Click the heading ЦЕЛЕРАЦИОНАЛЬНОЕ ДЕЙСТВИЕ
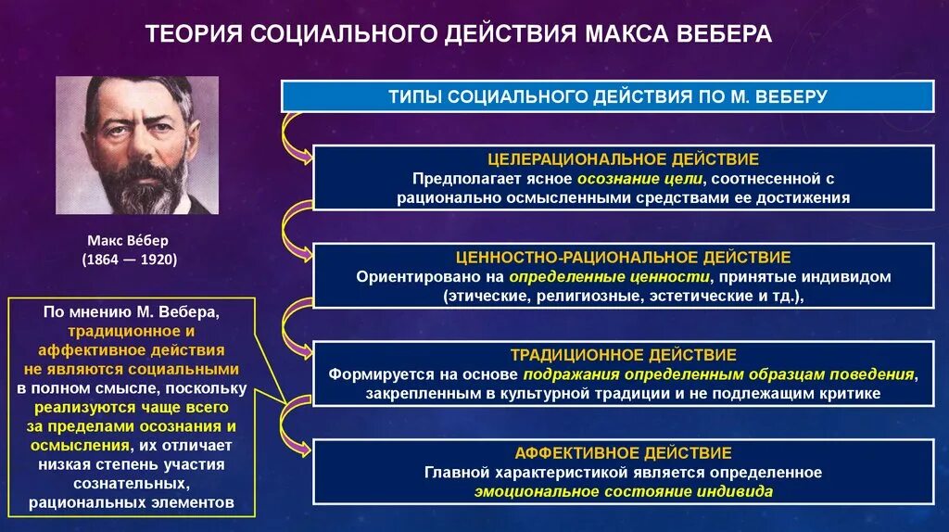[623, 159]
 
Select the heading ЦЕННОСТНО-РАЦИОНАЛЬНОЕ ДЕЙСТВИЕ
[623, 257]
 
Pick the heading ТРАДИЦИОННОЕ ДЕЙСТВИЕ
[623, 355]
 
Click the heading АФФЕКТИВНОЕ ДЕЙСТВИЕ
[623, 453]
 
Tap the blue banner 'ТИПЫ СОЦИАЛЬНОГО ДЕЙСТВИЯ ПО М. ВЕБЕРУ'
[607, 95]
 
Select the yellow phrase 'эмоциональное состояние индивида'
[623, 492]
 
